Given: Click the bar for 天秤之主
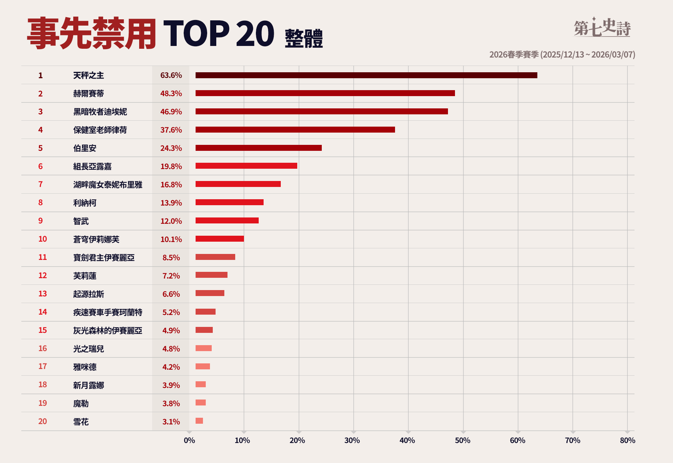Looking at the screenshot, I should [x=366, y=75].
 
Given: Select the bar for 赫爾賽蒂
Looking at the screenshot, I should [x=325, y=93].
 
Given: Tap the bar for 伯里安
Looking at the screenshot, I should [x=258, y=148].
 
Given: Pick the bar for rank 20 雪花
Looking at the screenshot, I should [x=199, y=421].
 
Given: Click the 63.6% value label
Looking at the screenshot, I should [x=171, y=75].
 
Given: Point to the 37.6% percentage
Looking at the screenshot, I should [x=171, y=130].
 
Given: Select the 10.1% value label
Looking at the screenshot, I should [x=171, y=240].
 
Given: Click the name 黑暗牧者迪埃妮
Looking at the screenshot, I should [x=100, y=112].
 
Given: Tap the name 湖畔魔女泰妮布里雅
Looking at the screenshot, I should [x=108, y=185].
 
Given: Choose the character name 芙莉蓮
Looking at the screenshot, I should [x=85, y=276].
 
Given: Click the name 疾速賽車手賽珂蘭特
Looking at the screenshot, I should [x=108, y=313].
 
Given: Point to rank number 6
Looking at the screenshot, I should [x=40, y=167].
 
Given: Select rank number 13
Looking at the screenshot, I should [x=42, y=294].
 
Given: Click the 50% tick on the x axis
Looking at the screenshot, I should [x=462, y=441].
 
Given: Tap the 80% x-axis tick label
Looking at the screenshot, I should [x=627, y=441].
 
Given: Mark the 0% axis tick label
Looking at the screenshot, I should [x=189, y=441].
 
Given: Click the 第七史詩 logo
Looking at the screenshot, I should [x=602, y=27].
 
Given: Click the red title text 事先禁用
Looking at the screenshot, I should [x=91, y=34].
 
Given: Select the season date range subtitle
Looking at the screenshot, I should [x=562, y=55].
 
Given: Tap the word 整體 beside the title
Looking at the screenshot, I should [x=304, y=38].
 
